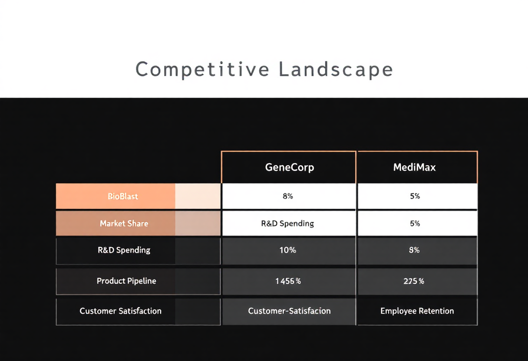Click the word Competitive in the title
[x=202, y=70]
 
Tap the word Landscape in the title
[x=336, y=70]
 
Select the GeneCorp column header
[x=290, y=167]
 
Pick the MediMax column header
[x=414, y=167]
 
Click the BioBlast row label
[x=123, y=196]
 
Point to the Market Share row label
[x=124, y=223]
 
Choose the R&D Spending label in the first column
[x=124, y=250]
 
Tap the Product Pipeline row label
[x=126, y=281]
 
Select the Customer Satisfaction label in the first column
[x=120, y=311]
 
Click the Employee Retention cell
[x=417, y=311]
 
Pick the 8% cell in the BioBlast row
[x=288, y=196]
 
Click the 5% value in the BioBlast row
[x=415, y=196]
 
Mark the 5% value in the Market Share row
[x=415, y=223]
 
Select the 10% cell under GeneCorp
[x=288, y=250]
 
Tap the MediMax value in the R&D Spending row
[x=414, y=250]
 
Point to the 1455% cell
[x=288, y=281]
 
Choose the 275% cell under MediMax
[x=414, y=281]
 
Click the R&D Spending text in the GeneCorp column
[x=287, y=223]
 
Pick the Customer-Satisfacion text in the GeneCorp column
[x=289, y=311]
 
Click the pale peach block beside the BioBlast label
[x=198, y=196]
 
